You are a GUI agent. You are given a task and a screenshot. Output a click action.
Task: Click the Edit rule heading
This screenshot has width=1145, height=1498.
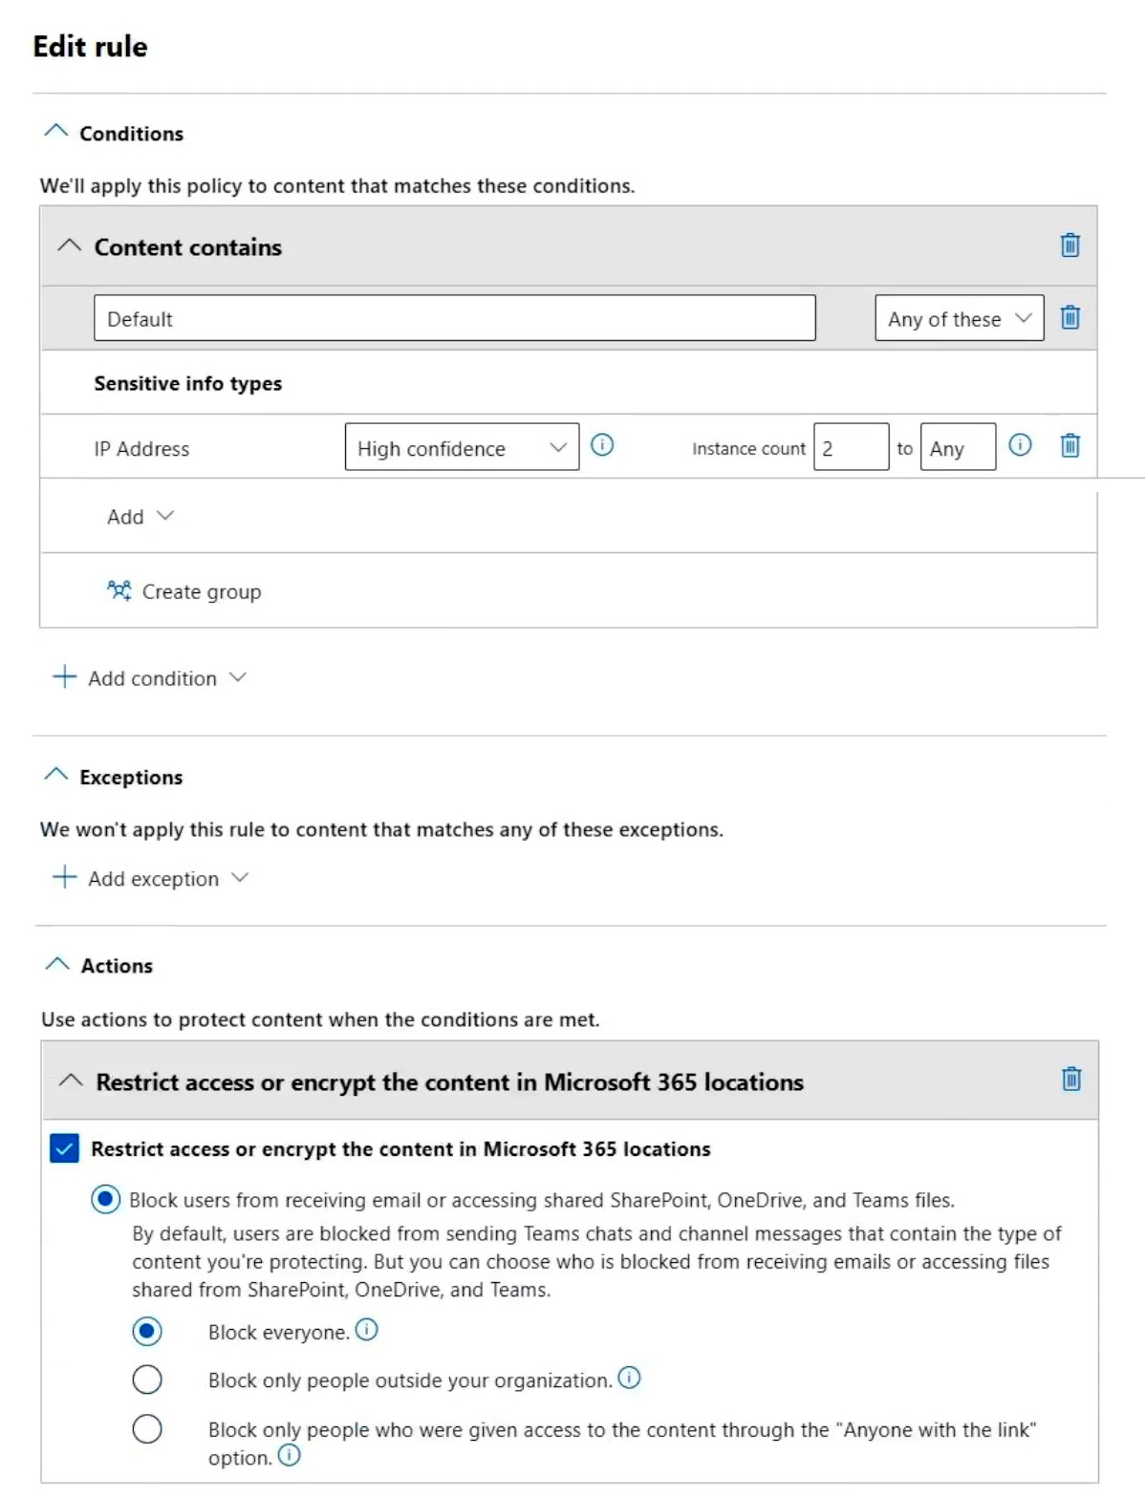coord(91,47)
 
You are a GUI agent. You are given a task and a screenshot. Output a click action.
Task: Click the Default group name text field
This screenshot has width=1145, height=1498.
coord(454,318)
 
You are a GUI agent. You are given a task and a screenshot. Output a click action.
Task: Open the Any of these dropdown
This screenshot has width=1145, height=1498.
coord(959,318)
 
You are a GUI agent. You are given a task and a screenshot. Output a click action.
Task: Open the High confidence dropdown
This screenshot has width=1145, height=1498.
coord(462,447)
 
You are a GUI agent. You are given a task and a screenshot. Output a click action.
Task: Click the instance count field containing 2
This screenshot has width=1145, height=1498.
coord(851,447)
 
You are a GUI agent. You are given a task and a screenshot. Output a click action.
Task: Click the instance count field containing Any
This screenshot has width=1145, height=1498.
coord(958,447)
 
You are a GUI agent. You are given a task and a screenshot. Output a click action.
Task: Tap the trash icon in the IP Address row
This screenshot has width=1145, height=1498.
coord(1070,445)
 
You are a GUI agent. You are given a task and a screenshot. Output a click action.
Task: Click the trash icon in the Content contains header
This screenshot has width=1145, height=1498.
coord(1070,246)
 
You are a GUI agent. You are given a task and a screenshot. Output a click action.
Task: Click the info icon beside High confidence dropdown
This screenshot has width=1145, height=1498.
coord(602,445)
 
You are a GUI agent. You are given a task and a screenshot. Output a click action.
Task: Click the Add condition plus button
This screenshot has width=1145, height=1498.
coord(65,677)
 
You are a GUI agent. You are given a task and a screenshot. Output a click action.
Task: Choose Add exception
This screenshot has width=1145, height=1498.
coord(152,878)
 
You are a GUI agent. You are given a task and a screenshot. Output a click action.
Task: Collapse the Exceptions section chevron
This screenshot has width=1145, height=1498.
coord(56,775)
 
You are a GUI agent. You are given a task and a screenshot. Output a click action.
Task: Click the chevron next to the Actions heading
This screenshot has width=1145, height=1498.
coord(57,964)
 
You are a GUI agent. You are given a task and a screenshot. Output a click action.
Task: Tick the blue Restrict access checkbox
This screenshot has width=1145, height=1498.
coord(64,1148)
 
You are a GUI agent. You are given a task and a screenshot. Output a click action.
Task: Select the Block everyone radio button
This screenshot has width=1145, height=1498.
coord(147,1331)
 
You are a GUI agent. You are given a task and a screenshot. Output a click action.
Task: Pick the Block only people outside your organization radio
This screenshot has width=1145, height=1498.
coord(147,1380)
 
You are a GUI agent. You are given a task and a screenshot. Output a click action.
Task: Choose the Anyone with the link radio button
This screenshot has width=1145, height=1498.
coord(147,1429)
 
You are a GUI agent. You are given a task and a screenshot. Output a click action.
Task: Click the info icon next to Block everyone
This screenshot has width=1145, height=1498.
coord(367,1330)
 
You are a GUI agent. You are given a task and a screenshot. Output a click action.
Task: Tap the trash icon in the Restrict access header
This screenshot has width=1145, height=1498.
coord(1071,1080)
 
